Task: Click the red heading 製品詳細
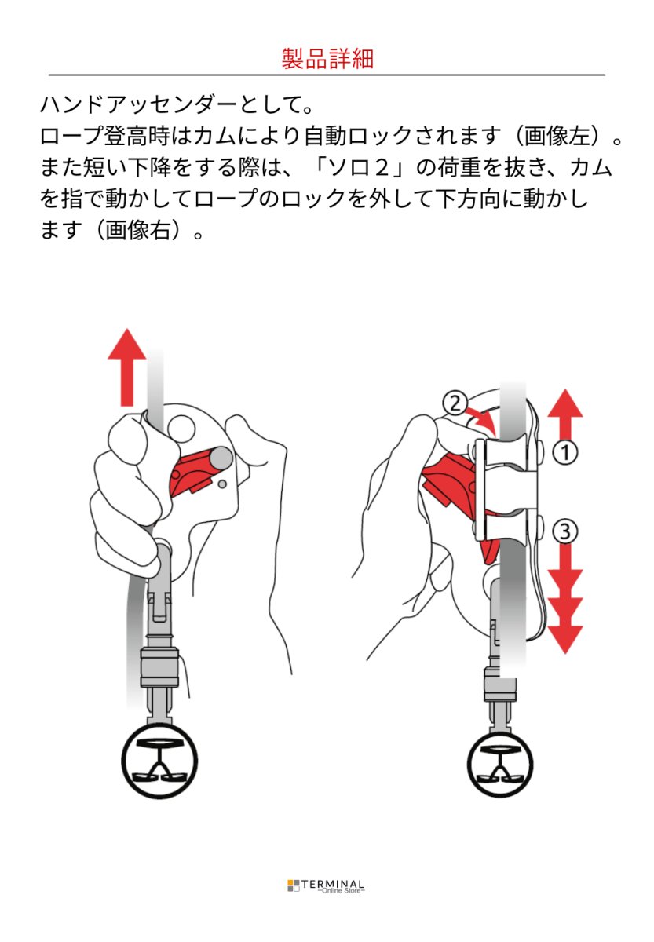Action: [327, 59]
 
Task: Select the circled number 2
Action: [454, 403]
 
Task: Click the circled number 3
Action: [564, 531]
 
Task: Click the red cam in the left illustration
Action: [196, 473]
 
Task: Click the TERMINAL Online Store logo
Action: [327, 885]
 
